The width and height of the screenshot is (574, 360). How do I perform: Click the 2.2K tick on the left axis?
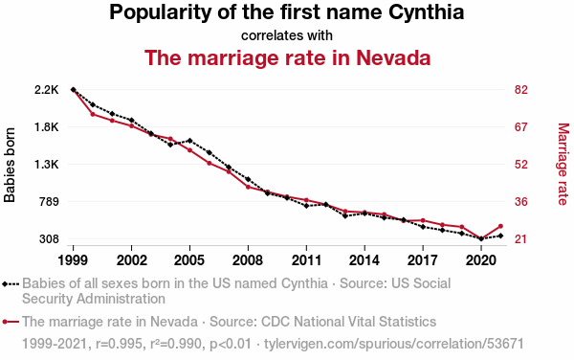point(47,90)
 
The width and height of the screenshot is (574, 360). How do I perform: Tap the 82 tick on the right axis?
point(521,90)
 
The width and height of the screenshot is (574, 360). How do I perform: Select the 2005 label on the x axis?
point(189,260)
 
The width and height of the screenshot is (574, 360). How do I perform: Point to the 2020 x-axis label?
point(481,260)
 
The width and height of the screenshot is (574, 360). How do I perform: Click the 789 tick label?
point(49,202)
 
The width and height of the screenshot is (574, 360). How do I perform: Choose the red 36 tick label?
point(521,202)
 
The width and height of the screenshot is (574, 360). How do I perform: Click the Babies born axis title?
point(10,165)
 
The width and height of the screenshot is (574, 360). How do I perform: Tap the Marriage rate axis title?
point(563,164)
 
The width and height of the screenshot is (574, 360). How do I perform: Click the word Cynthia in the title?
point(426,12)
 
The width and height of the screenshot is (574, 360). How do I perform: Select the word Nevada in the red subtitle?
point(393,57)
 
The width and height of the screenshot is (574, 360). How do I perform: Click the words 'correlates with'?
point(287,35)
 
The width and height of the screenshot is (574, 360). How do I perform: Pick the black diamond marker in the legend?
point(5,283)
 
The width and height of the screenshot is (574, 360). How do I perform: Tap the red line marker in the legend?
point(11,322)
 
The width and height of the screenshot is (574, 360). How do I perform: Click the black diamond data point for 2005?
point(189,141)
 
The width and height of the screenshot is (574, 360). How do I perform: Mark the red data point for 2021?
point(500,226)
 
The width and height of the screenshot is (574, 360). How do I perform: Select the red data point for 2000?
point(93,114)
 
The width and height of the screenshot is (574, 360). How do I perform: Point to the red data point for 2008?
point(248,187)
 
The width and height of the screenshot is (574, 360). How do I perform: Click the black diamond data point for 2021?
point(500,236)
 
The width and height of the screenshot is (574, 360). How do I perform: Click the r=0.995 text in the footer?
point(119,344)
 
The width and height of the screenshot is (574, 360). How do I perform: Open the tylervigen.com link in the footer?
point(393,344)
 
